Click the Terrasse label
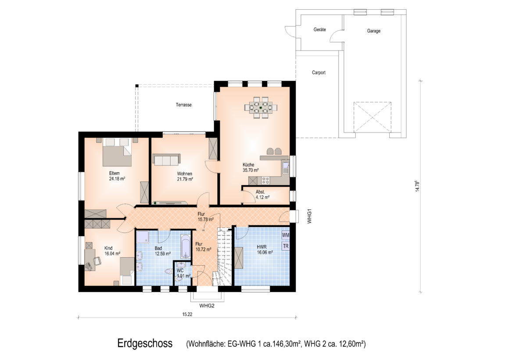click(x=184, y=105)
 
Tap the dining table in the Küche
click(x=261, y=107)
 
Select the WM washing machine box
click(x=286, y=235)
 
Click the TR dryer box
click(x=286, y=246)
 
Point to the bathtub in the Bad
click(x=186, y=246)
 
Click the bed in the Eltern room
click(x=117, y=152)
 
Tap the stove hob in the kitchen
click(x=265, y=180)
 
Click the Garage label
click(x=374, y=31)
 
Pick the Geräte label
click(x=320, y=29)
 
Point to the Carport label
click(x=319, y=72)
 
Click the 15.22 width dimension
click(x=187, y=314)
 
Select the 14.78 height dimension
click(x=417, y=186)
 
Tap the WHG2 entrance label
click(x=207, y=306)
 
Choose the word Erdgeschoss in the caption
click(x=145, y=343)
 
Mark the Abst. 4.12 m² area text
click(x=262, y=194)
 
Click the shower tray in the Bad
click(x=143, y=237)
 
